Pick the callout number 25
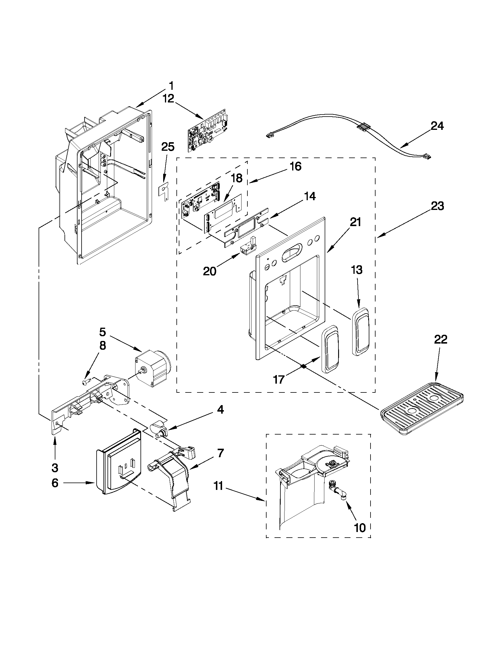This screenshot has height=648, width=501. pos(168,147)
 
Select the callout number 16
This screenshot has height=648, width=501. pos(295,166)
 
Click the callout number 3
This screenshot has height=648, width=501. pos(55,468)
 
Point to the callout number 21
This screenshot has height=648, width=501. pos(355,222)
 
